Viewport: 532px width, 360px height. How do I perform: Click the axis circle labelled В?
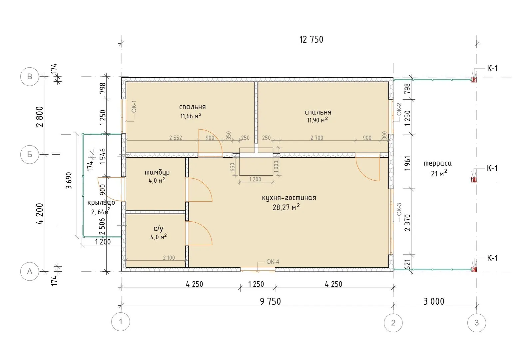(x=29, y=77)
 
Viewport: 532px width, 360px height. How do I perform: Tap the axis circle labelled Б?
(x=29, y=154)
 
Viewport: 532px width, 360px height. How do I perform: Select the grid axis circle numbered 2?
(x=393, y=323)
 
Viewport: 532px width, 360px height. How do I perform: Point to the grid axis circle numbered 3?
(x=476, y=323)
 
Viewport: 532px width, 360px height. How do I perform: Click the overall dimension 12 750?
(x=311, y=39)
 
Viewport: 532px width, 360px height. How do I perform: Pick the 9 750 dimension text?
(x=270, y=301)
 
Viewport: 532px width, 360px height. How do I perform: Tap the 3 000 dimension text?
(x=434, y=301)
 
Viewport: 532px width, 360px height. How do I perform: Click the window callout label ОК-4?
(x=272, y=262)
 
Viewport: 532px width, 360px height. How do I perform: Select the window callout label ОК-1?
(x=134, y=106)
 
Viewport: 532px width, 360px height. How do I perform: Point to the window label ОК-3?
(x=399, y=209)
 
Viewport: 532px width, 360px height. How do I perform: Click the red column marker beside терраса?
(x=474, y=180)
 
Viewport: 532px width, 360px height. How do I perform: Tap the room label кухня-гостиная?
(x=289, y=198)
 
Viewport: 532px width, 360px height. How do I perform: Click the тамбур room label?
(x=157, y=172)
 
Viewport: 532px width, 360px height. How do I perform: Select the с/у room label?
(x=158, y=229)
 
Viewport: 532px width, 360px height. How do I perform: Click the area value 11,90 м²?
(x=317, y=120)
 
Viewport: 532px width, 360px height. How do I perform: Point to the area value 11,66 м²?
(x=191, y=116)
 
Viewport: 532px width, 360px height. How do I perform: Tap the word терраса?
(x=437, y=163)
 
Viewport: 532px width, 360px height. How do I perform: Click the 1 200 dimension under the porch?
(x=103, y=242)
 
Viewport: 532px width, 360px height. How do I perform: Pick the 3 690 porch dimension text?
(x=69, y=181)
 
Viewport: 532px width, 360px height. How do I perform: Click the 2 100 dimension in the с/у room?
(x=169, y=258)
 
